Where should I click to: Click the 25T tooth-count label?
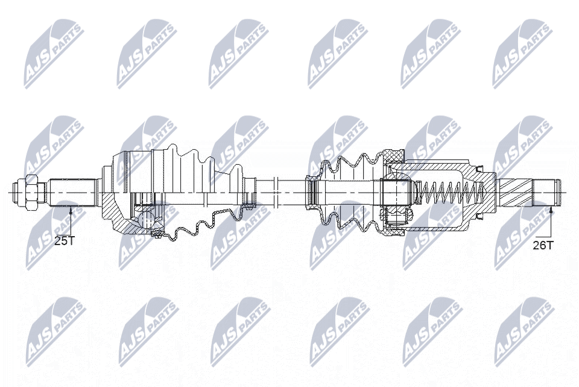coord(65,241)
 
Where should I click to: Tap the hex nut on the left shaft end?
coord(30,193)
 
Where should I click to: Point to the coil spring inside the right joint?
coord(451,193)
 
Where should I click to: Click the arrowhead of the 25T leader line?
coord(71,209)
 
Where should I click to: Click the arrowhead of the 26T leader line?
coord(550,210)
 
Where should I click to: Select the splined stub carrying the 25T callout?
coord(73,193)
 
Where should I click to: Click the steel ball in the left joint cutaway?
coord(147,220)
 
